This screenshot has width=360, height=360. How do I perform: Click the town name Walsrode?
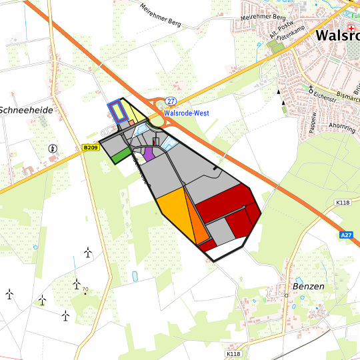337,35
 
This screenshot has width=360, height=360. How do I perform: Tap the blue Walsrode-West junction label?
187,113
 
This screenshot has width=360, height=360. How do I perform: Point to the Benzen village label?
308,286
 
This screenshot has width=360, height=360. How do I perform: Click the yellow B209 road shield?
91,147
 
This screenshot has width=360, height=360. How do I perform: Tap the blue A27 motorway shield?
345,235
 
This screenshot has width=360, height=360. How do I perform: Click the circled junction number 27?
171,101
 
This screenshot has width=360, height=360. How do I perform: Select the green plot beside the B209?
121,155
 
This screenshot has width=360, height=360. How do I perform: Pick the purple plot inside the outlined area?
149,153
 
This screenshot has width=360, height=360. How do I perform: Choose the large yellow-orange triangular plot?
174,206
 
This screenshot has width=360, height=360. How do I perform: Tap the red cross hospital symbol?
351,19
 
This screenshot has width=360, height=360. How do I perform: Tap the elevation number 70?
85,289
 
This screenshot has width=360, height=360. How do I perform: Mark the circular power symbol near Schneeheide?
53,148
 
